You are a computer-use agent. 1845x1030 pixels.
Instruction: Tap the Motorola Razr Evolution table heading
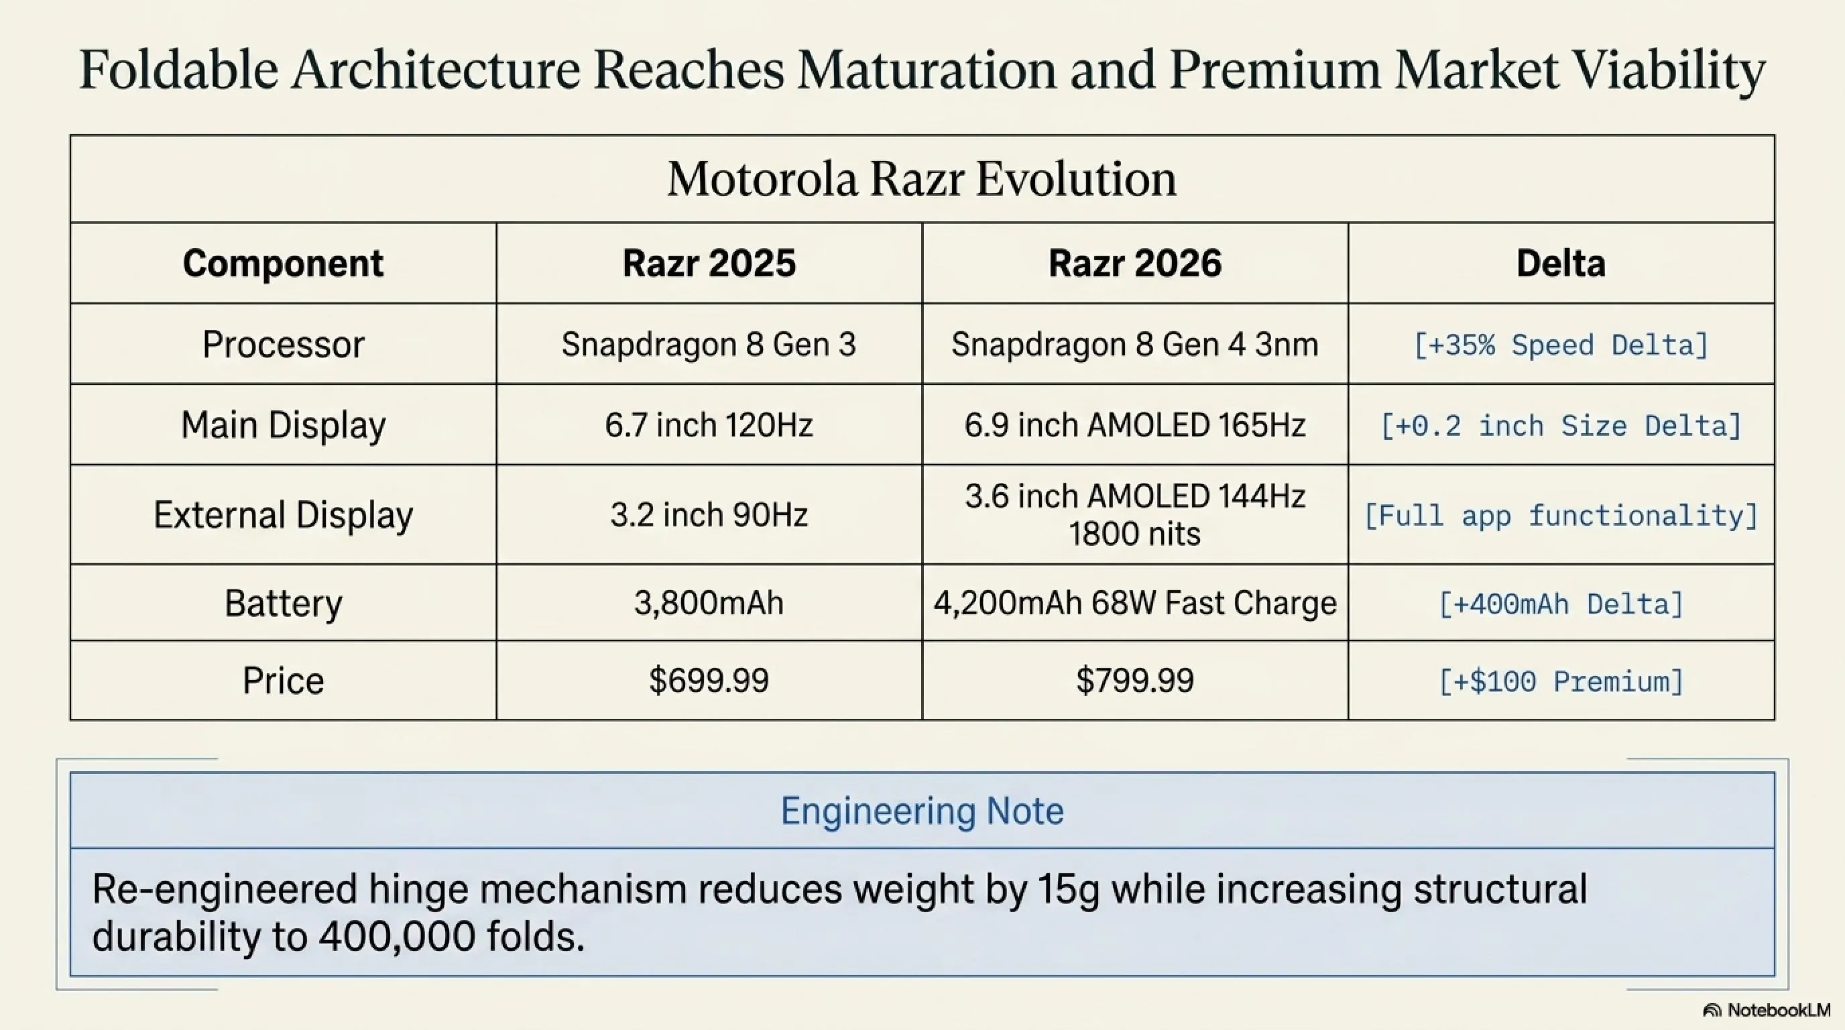tap(922, 179)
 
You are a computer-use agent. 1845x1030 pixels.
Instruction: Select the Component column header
tap(283, 264)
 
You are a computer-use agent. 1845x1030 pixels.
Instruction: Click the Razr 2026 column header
tap(1134, 264)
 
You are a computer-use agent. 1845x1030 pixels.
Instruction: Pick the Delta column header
tap(1561, 264)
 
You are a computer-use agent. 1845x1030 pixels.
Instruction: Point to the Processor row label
tap(283, 345)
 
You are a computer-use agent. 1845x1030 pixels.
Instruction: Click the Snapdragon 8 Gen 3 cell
tap(709, 345)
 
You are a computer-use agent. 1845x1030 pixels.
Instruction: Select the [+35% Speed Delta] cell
tap(1561, 345)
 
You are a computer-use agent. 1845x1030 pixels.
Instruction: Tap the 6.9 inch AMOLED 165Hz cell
tap(1134, 425)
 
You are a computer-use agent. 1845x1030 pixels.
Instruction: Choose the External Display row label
tap(283, 515)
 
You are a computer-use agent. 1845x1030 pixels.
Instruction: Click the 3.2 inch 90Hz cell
tap(709, 515)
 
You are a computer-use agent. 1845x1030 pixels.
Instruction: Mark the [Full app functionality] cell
tap(1561, 516)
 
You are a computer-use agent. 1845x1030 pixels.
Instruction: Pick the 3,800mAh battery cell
tap(709, 603)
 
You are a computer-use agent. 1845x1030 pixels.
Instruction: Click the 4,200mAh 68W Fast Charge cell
tap(1134, 603)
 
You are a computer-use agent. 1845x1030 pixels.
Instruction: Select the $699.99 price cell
tap(709, 681)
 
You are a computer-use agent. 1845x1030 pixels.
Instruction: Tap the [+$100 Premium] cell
tap(1561, 681)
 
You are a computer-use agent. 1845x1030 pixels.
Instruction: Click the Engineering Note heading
tap(922, 811)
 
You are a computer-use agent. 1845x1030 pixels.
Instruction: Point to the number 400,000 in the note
tap(397, 936)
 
